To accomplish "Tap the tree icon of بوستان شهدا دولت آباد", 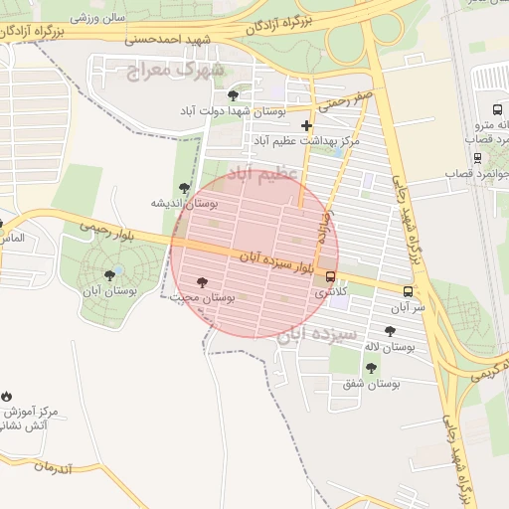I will coord(233,95).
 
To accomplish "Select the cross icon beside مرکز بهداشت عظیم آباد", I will coord(306,125).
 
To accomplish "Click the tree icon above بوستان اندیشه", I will coord(183,187).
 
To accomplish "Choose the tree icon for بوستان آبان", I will coord(108,274).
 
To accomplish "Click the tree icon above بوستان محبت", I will coord(203,282).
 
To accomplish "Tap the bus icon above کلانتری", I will coord(330,277).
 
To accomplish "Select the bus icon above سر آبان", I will coord(408,291).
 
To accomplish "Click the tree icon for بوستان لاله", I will coord(388,332).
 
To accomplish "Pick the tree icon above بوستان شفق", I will coord(371,368).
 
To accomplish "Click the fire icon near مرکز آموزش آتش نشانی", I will coord(7,396).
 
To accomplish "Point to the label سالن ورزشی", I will coord(98,18).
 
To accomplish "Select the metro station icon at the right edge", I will coord(496,109).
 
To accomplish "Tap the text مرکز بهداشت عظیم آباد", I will coord(305,142).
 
